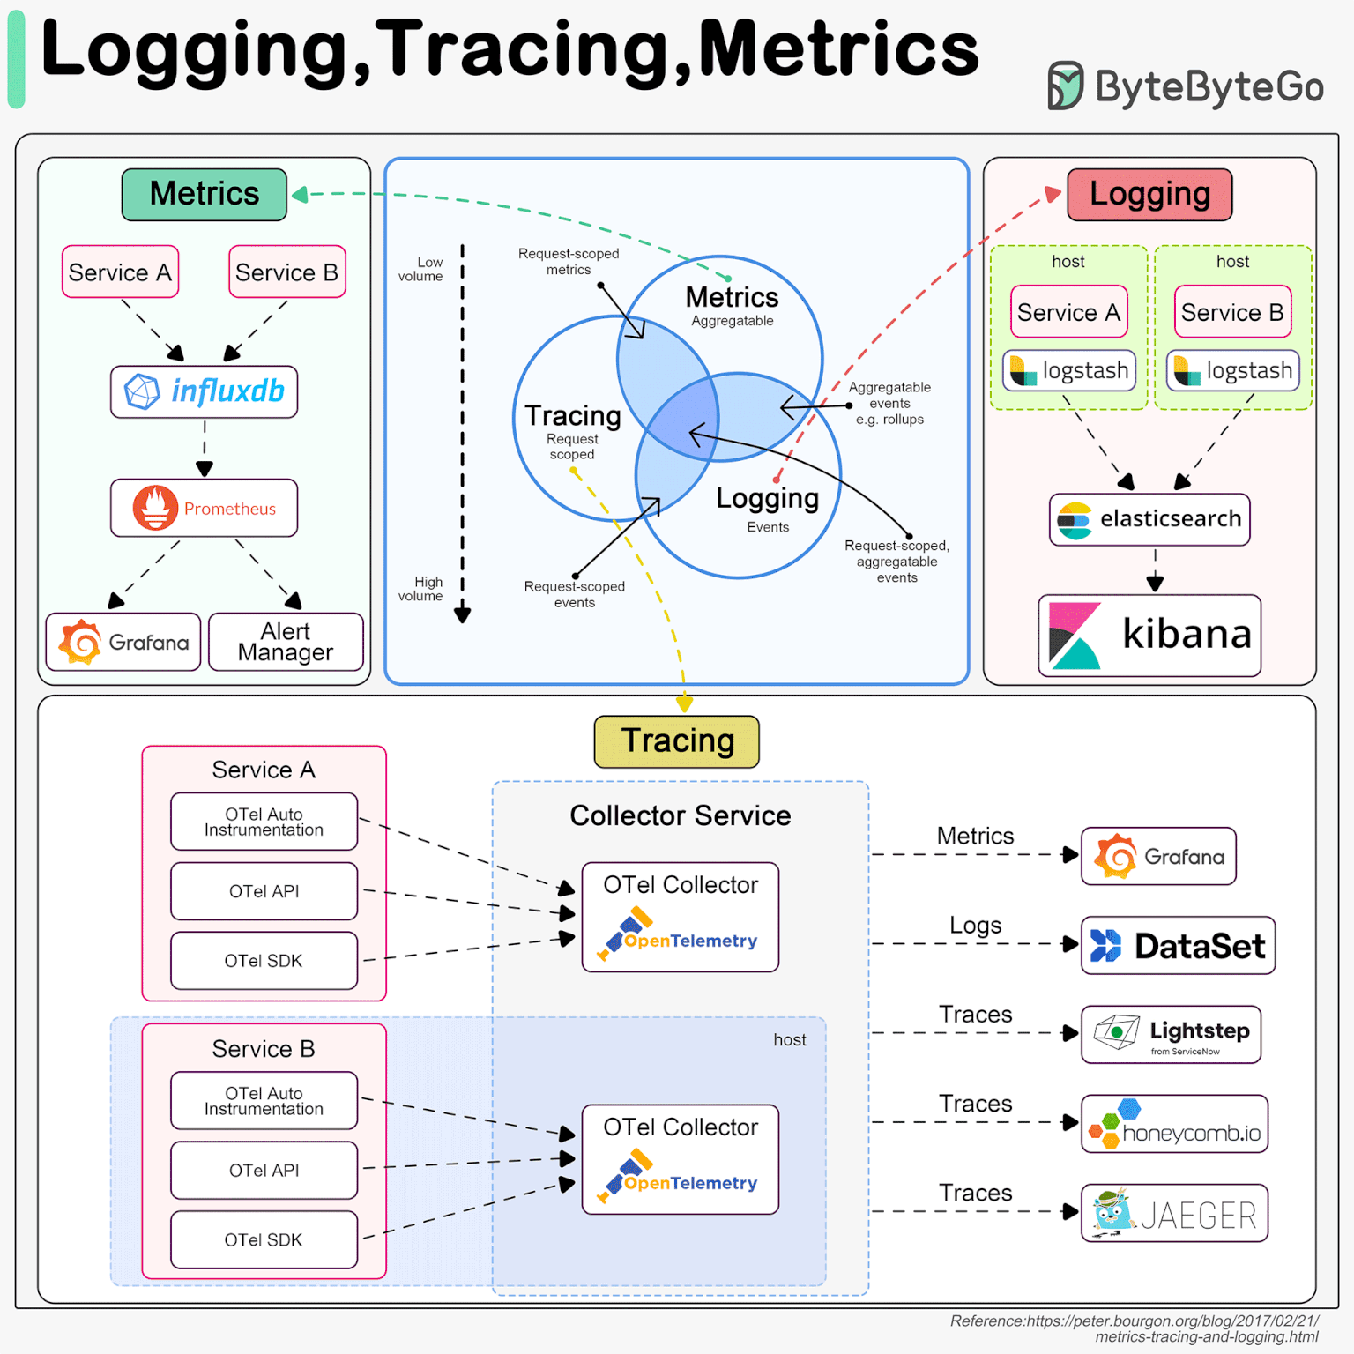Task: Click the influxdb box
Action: click(x=204, y=391)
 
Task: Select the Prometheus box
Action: click(x=204, y=508)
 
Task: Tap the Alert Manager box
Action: click(x=286, y=642)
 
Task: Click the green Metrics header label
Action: click(x=204, y=194)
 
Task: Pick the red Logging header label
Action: click(x=1149, y=194)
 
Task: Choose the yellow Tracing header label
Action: click(x=676, y=741)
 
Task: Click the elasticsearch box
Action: click(x=1149, y=519)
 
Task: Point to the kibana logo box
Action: click(x=1149, y=635)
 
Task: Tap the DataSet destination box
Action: click(x=1178, y=945)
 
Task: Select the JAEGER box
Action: click(x=1174, y=1213)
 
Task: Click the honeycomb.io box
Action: click(x=1174, y=1124)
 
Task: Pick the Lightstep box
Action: click(x=1171, y=1034)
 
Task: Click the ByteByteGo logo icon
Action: click(x=1064, y=86)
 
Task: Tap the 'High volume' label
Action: click(x=421, y=589)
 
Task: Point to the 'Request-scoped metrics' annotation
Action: click(x=569, y=262)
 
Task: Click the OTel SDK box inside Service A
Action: click(x=264, y=961)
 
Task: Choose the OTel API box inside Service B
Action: click(x=264, y=1171)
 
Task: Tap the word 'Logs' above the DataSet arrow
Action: click(x=975, y=926)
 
